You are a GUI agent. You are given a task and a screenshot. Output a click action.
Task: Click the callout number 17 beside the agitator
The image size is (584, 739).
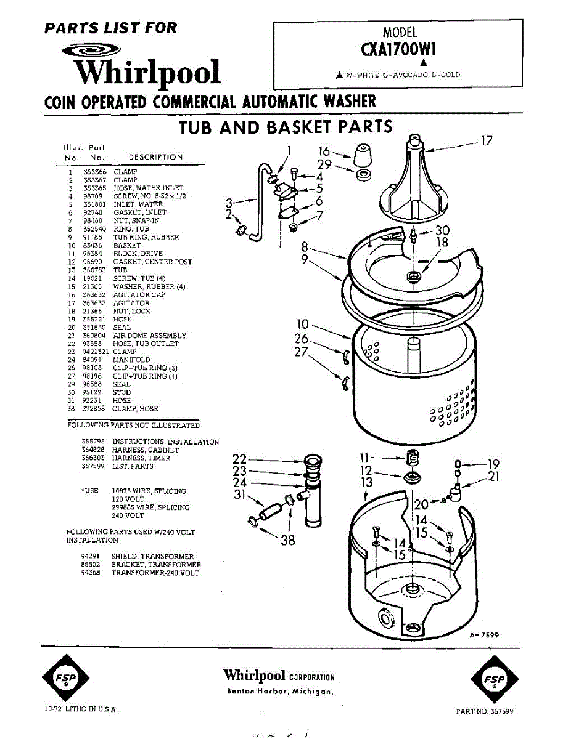487,140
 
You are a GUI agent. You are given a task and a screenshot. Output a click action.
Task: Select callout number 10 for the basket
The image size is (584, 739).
302,323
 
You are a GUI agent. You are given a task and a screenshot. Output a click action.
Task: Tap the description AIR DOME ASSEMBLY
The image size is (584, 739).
149,336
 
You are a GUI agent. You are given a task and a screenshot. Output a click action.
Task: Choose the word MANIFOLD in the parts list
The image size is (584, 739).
131,360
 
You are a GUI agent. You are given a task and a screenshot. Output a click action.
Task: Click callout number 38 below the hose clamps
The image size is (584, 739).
287,540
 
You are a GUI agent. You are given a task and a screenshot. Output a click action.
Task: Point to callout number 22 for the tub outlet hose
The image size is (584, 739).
240,459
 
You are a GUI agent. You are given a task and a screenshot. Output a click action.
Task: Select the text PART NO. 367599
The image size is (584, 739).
484,711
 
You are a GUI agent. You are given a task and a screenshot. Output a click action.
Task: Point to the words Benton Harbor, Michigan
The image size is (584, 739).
280,691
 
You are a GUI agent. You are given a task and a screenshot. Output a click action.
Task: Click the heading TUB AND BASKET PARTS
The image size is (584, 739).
286,127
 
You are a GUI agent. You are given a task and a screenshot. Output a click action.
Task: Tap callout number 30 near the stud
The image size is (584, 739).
442,230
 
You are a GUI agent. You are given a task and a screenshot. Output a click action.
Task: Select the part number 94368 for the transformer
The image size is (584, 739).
90,573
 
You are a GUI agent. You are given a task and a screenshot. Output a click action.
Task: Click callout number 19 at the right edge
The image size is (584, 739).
493,464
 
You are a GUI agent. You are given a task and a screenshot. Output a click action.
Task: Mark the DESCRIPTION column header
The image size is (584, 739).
155,157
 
